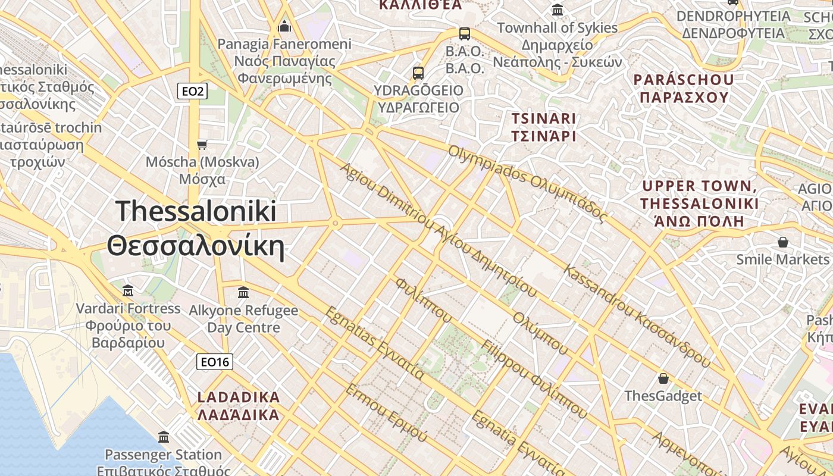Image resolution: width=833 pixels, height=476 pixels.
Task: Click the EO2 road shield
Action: (193, 91)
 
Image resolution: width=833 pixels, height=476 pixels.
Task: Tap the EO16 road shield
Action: (214, 362)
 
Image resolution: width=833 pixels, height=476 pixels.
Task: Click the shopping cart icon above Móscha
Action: (202, 145)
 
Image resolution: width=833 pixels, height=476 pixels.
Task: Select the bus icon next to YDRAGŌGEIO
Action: (418, 73)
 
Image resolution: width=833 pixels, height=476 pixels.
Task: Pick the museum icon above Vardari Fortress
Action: (128, 291)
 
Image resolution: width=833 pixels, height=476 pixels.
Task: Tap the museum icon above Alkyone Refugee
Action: (243, 293)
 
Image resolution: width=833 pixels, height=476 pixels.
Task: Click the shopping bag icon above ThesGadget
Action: (663, 378)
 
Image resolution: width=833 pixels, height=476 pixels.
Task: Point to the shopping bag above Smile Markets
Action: (783, 242)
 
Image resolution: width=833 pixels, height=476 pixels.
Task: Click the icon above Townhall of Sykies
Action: (558, 10)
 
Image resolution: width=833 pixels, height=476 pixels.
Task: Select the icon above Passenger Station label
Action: (164, 437)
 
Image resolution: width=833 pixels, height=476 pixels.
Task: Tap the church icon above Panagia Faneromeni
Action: (284, 27)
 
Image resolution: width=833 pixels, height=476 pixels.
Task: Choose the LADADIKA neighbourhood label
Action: (238, 406)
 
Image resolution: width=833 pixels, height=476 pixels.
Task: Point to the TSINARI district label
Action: (544, 127)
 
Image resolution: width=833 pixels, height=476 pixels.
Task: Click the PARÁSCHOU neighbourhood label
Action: (683, 88)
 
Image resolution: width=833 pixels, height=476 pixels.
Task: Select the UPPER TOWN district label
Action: (700, 203)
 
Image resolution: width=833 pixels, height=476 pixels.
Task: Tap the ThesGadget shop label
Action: (663, 396)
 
